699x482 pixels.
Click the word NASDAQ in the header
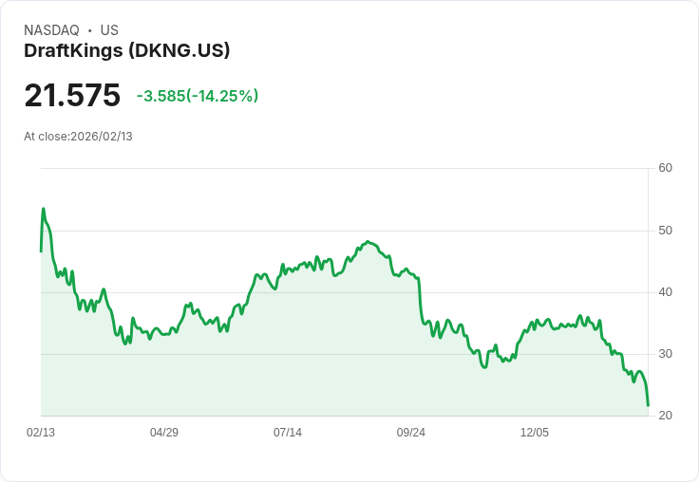click(51, 30)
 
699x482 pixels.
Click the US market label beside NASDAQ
click(109, 30)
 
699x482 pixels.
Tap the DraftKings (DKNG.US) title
click(126, 50)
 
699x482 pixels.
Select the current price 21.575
click(72, 96)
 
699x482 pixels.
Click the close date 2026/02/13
click(102, 137)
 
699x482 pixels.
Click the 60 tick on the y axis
click(665, 168)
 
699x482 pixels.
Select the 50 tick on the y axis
click(665, 231)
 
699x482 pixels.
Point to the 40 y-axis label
click(665, 292)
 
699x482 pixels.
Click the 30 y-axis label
click(665, 354)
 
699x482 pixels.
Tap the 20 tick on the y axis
click(665, 416)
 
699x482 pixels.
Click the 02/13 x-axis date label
click(41, 433)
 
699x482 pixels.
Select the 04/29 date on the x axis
click(164, 433)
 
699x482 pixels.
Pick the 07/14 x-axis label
click(288, 433)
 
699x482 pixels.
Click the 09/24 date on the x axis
click(411, 433)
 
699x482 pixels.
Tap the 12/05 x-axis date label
click(535, 433)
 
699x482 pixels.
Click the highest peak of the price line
click(43, 209)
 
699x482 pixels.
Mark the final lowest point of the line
click(648, 406)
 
